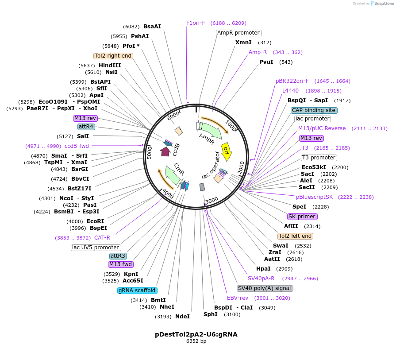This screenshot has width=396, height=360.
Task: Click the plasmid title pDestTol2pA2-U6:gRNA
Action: click(x=196, y=334)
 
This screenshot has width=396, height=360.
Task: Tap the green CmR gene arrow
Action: click(x=172, y=175)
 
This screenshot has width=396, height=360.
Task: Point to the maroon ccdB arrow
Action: click(x=165, y=151)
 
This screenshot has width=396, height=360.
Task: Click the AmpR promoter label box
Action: click(x=238, y=33)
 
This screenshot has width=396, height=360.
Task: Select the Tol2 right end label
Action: click(x=113, y=56)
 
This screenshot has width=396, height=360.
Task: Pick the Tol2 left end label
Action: click(x=295, y=236)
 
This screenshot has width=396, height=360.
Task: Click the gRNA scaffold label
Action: click(x=137, y=290)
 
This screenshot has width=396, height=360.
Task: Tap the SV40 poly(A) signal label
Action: click(x=265, y=288)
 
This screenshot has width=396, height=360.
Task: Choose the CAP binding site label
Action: click(x=314, y=110)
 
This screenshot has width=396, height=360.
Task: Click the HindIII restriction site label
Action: click(x=110, y=66)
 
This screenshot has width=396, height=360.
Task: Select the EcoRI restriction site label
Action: click(x=95, y=221)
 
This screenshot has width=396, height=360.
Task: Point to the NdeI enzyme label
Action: click(x=182, y=317)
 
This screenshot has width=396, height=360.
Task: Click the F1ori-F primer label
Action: click(x=196, y=23)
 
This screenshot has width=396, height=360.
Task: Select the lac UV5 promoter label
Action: click(x=96, y=248)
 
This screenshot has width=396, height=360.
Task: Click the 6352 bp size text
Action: click(x=196, y=341)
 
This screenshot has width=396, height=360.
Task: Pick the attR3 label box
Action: click(x=118, y=256)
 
